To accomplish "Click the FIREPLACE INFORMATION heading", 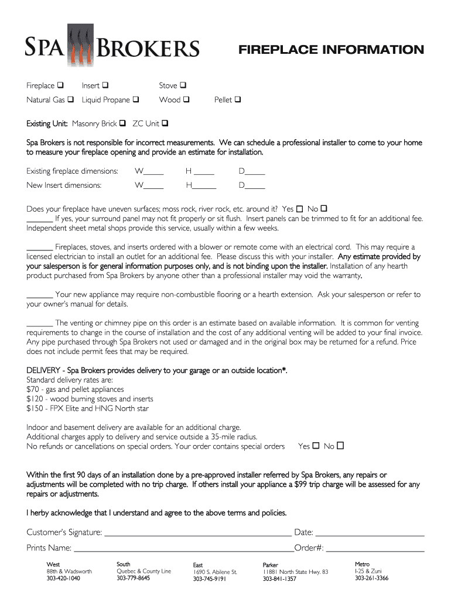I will pyautogui.click(x=330, y=50).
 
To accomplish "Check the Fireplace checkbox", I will pyautogui.click(x=61, y=85).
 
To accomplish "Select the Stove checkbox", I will pyautogui.click(x=183, y=85).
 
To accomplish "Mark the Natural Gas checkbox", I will pyautogui.click(x=70, y=99).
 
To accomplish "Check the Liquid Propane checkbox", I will pyautogui.click(x=136, y=99).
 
